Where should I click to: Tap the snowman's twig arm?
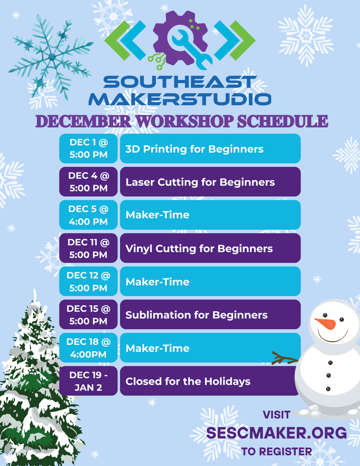click(x=285, y=358)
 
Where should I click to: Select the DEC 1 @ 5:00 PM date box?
click(x=88, y=148)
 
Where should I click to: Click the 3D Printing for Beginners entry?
click(x=210, y=149)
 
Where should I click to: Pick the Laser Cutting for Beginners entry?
click(x=210, y=182)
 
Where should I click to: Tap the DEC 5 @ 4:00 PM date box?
click(x=88, y=215)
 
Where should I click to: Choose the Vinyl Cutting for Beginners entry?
click(x=210, y=248)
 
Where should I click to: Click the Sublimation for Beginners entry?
click(x=210, y=315)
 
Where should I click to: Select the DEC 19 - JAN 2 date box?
click(x=88, y=381)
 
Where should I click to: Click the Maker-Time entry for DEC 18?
click(x=210, y=348)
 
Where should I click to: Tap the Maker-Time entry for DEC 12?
click(x=210, y=281)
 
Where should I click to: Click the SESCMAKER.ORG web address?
click(x=277, y=433)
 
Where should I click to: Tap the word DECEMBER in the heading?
click(x=84, y=121)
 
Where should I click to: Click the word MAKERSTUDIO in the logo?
click(x=180, y=98)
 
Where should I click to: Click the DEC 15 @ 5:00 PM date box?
click(x=88, y=315)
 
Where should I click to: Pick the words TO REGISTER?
click(x=277, y=451)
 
